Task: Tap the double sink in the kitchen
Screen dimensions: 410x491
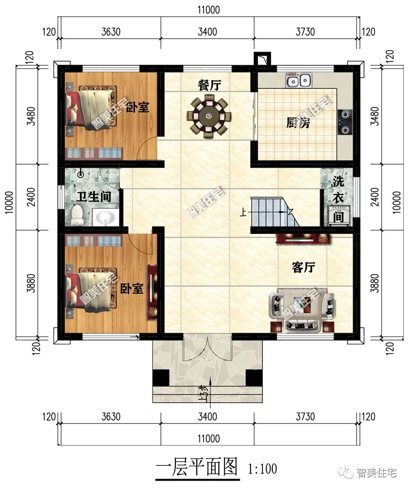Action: pos(298,80)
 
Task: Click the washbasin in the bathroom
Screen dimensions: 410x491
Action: pos(105,217)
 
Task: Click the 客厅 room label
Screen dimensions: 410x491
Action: pos(303,268)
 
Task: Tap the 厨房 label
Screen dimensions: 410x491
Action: pos(298,123)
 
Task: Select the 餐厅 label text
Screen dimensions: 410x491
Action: pos(209,85)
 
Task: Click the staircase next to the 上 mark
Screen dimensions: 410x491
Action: pos(271,212)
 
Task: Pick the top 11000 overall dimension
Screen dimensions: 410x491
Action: pos(209,10)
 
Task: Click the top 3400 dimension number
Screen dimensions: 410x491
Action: pos(207,32)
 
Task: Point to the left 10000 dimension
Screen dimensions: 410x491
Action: pos(10,202)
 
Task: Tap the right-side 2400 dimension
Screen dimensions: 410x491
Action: pos(375,197)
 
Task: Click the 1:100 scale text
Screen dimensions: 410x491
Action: pos(262,469)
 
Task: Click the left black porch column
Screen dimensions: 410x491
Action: pos(160,378)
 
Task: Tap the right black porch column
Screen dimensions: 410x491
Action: pos(254,378)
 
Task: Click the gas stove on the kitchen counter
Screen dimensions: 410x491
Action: pos(345,122)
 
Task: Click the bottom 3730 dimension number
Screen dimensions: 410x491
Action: pos(305,417)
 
